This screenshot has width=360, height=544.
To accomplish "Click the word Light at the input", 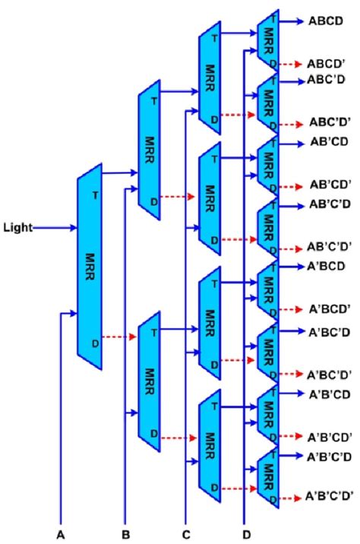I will click(17, 226).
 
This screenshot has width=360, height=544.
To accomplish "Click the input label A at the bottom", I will click(61, 534).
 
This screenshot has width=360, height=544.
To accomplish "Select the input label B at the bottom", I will click(125, 534).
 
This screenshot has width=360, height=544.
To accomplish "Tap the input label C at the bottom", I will click(186, 534).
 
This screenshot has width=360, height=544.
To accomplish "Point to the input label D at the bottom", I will click(245, 534).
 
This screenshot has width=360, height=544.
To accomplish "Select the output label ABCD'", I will click(327, 63).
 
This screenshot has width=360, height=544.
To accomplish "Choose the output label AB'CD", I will click(328, 142).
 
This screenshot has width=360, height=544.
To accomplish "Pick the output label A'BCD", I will click(327, 267).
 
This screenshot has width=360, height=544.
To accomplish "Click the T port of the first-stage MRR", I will click(95, 195).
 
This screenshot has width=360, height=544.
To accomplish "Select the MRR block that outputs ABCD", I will click(267, 42).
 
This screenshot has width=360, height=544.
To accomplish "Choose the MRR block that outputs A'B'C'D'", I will click(267, 479).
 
